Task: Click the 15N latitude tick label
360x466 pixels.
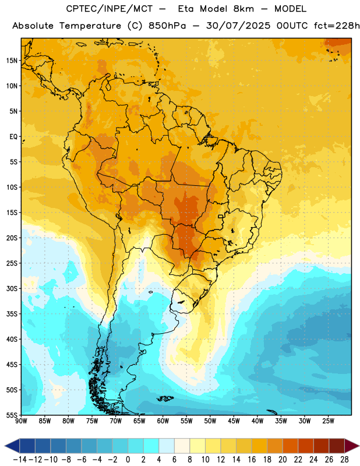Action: pos(12,61)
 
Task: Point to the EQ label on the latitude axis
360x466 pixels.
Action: pos(13,137)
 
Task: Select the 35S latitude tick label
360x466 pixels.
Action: pos(12,314)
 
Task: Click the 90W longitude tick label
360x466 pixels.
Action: pos(21,421)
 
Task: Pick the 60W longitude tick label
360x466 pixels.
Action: pos(163,421)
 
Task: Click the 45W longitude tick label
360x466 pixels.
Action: pos(234,421)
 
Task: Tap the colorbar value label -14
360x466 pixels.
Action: pos(20,460)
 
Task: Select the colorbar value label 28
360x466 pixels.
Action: pos(344,460)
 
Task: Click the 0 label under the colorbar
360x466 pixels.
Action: pos(128,460)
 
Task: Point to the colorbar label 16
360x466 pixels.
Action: pos(252,460)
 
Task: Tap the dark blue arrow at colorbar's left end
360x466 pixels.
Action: pos(12,446)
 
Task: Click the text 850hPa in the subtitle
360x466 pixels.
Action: pos(167,26)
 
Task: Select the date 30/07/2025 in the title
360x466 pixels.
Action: pos(238,26)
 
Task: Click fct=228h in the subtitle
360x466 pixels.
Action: pos(337,26)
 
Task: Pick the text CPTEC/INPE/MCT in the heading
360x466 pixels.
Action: pos(110,9)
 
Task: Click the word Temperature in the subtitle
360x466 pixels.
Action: pos(90,26)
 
